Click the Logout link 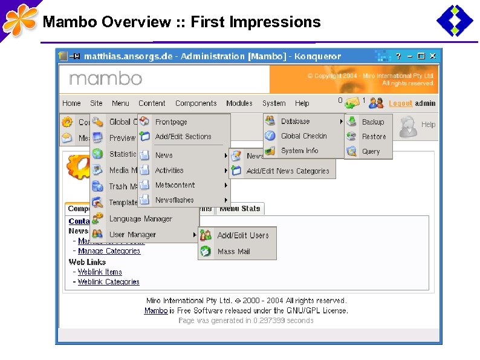click(x=400, y=103)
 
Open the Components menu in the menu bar click(x=196, y=103)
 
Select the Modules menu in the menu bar click(x=239, y=103)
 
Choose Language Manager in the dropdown click(x=140, y=219)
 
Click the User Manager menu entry click(x=132, y=235)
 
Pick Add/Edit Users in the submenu click(x=242, y=235)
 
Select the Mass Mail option click(x=233, y=251)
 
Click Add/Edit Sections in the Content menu click(x=183, y=137)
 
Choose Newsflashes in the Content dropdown click(x=174, y=200)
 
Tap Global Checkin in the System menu click(x=303, y=136)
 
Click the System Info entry click(x=299, y=151)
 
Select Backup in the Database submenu click(x=372, y=122)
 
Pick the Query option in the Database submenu click(x=371, y=151)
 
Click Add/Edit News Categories click(x=288, y=171)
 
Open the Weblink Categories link click(x=109, y=282)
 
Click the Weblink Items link click(x=100, y=272)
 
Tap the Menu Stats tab click(x=240, y=209)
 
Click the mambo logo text click(x=105, y=79)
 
